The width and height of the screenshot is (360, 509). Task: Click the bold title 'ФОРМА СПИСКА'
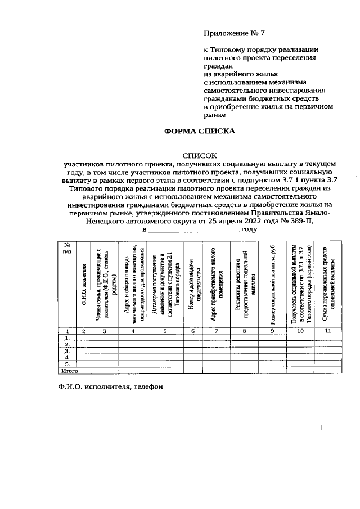point(199,131)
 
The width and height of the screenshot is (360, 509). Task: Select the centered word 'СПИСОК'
point(199,155)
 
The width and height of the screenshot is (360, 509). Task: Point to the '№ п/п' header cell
point(67,247)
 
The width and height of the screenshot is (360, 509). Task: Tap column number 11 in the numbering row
point(328,331)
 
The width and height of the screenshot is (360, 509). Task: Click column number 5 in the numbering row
point(165,331)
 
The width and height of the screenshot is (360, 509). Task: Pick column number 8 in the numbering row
point(244,331)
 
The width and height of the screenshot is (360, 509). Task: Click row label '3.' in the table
point(67,350)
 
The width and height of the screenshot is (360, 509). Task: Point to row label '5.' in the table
point(67,364)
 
